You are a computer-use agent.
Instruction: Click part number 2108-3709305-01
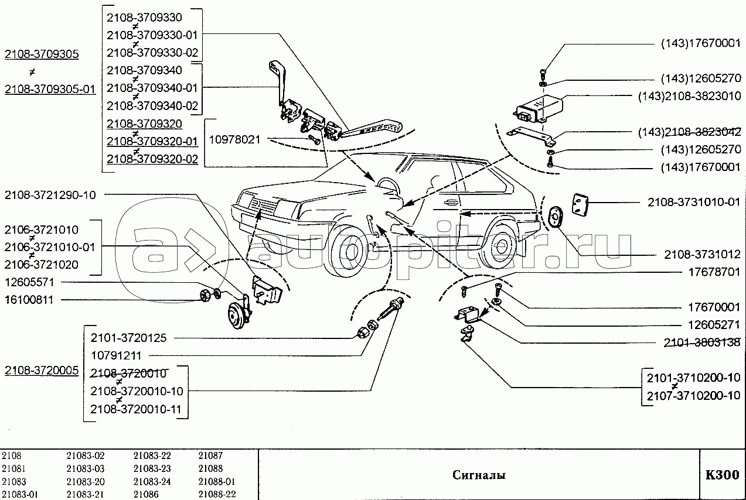click(50, 89)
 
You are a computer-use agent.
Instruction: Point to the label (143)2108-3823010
click(689, 96)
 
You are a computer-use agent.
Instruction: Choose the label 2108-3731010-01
click(694, 202)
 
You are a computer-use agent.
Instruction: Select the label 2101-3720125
click(129, 338)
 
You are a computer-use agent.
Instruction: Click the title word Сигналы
click(478, 475)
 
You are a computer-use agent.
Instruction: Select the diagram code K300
click(722, 474)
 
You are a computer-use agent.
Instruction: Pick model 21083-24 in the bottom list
click(152, 481)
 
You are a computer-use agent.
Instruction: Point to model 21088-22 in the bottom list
click(216, 495)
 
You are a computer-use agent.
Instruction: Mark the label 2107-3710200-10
click(693, 395)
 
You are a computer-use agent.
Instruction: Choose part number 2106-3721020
click(42, 265)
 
